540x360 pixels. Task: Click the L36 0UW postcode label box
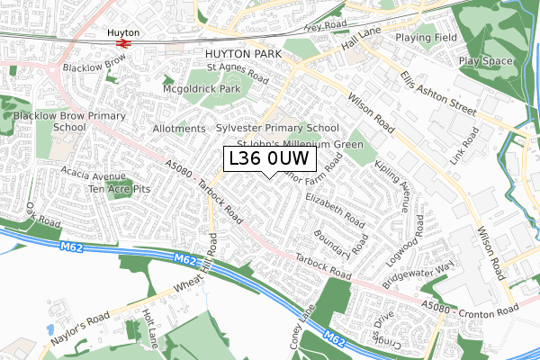tap(269, 159)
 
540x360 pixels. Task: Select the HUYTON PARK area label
tap(237, 54)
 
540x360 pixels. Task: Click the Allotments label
tap(179, 129)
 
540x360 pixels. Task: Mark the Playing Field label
tap(426, 39)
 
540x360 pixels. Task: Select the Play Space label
tap(486, 62)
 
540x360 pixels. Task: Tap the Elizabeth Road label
tap(335, 208)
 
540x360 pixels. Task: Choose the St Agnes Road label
tap(238, 71)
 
